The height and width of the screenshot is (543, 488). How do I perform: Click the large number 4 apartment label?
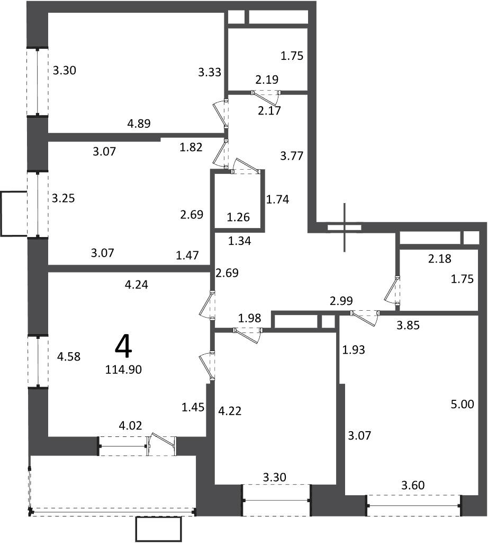coord(123,347)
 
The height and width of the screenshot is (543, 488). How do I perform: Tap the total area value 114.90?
coord(123,370)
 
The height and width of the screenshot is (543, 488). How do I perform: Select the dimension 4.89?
coord(139,123)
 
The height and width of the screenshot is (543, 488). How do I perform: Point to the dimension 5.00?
coord(463,404)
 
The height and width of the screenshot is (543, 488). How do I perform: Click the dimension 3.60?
coord(413,485)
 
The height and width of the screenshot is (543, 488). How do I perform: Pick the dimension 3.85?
coord(408,325)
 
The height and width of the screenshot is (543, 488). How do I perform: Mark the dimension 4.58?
coord(69,356)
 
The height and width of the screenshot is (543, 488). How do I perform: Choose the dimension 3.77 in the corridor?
coord(292,156)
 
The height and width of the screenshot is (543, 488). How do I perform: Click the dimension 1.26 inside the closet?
coord(239,217)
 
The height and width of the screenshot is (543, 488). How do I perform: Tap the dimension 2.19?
coord(267,80)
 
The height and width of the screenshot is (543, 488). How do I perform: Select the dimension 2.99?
coord(341,301)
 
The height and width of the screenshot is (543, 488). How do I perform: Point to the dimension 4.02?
coord(130,425)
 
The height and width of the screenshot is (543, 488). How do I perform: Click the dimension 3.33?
coord(210,72)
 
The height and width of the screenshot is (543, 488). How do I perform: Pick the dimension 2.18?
coord(440,258)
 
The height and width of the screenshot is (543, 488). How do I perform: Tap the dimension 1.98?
coord(249,318)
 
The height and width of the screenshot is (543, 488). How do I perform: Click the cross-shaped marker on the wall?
coord(344,227)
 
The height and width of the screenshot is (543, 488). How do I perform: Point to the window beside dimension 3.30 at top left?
coord(38,82)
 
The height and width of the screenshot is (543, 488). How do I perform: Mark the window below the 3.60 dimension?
coord(414,505)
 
